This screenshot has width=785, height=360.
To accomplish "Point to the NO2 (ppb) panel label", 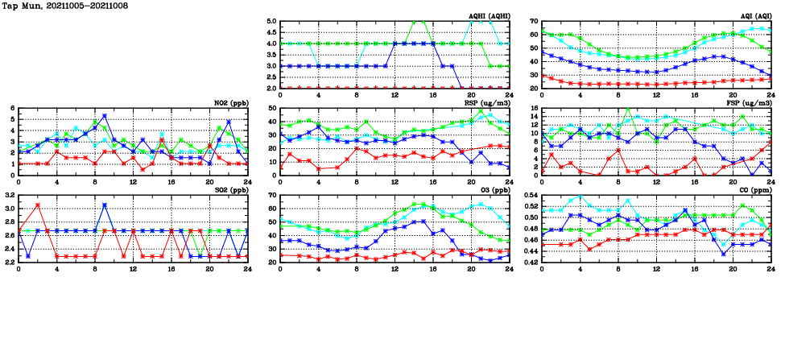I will tap(231, 103).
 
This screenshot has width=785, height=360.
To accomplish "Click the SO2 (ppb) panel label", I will tap(231, 190).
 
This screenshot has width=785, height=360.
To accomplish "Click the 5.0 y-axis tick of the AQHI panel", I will tap(272, 22).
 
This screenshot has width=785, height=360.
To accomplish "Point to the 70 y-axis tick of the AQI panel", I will tap(535, 22).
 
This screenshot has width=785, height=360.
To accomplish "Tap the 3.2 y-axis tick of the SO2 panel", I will tap(9, 196).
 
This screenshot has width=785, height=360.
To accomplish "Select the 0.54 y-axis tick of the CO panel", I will tap(530, 196).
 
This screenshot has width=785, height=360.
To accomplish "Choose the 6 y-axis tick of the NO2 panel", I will tap(13, 109).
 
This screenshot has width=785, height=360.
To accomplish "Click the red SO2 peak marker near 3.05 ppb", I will tap(38, 205).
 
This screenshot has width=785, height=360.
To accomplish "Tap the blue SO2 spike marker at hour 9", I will tap(105, 205).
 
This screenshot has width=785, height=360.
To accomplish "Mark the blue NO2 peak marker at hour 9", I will tap(105, 116).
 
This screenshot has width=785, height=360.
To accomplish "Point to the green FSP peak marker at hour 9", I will tap(628, 109).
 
